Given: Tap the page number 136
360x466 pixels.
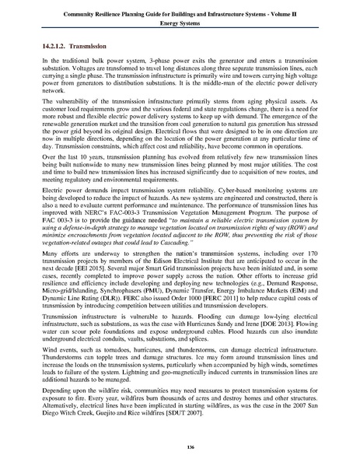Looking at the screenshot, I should click(x=180, y=445).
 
